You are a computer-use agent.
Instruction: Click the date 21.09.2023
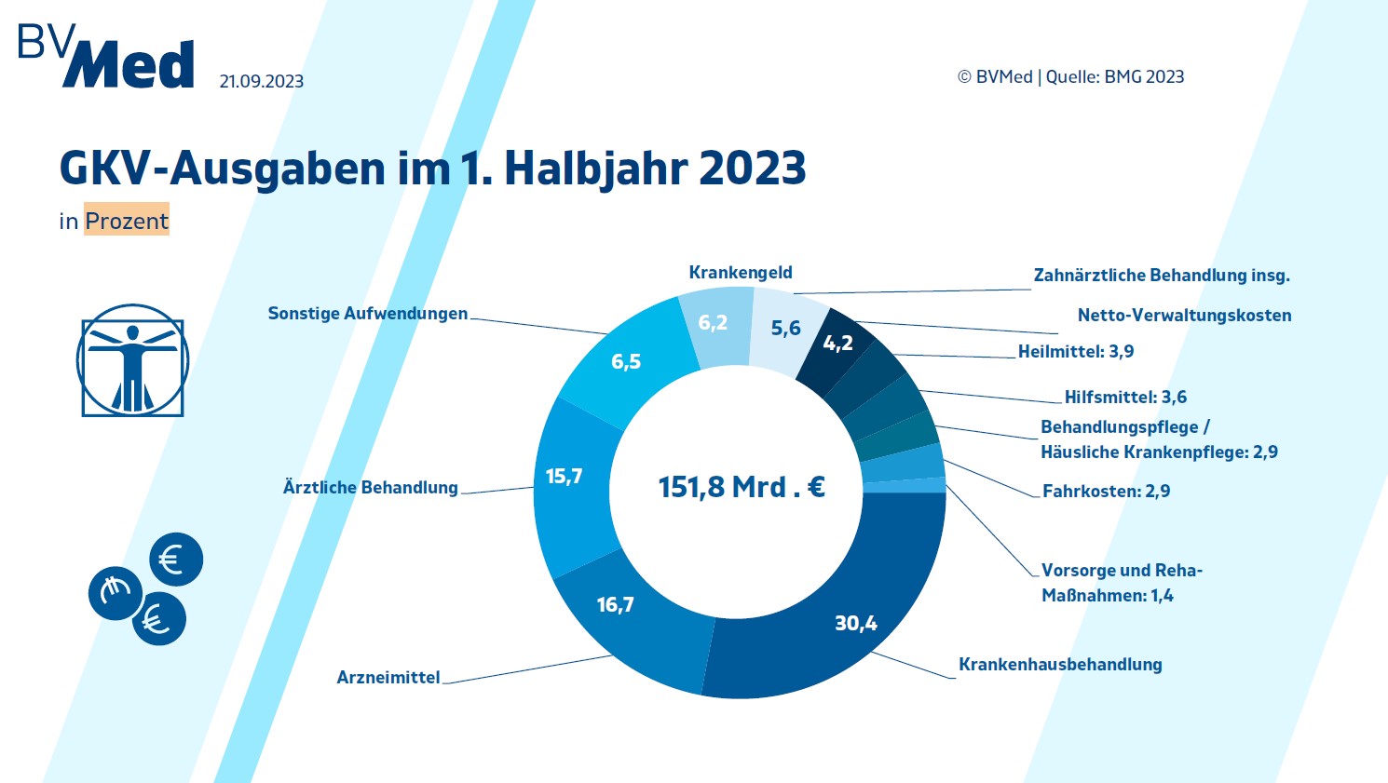(x=261, y=82)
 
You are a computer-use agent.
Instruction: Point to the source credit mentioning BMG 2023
(x=1070, y=77)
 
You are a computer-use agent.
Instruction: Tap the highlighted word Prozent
(x=127, y=221)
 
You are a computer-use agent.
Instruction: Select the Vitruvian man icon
(x=132, y=359)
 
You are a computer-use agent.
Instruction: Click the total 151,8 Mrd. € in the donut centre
(x=742, y=487)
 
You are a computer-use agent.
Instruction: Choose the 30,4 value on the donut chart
(x=855, y=624)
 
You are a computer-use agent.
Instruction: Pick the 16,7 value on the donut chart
(x=615, y=605)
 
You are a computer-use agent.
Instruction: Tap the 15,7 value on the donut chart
(x=564, y=477)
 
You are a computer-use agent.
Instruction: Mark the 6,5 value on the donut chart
(x=626, y=361)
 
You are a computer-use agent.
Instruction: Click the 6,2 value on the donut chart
(x=713, y=323)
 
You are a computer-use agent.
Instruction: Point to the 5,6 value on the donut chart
(x=785, y=328)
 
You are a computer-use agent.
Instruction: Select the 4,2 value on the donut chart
(x=837, y=344)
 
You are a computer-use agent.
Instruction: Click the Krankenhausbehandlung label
(x=1060, y=665)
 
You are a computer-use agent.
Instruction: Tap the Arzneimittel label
(x=388, y=678)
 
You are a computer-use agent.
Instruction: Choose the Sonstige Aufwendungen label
(x=367, y=314)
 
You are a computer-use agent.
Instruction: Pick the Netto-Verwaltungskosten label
(x=1184, y=316)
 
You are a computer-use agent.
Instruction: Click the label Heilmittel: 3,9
(x=1075, y=352)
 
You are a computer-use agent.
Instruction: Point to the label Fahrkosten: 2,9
(x=1106, y=492)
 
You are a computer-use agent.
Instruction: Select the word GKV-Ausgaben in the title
(x=222, y=169)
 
